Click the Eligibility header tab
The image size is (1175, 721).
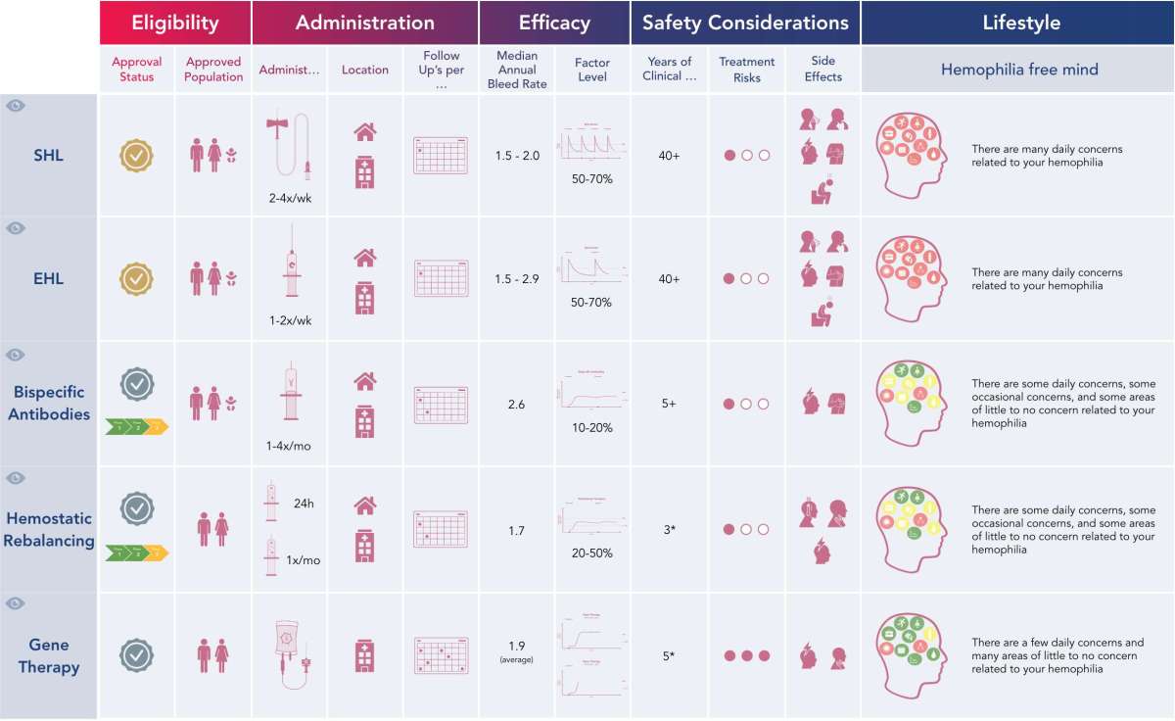point(175,23)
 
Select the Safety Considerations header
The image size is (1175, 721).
point(745,23)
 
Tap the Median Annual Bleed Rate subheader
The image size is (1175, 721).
point(517,70)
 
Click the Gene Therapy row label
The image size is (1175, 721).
point(48,656)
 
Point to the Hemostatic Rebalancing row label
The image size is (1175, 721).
point(48,529)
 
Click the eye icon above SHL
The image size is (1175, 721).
point(15,105)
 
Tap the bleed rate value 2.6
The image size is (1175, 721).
point(517,404)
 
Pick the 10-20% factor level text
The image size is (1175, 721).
point(591,428)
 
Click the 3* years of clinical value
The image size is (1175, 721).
point(669,530)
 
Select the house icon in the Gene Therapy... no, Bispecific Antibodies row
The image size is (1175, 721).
point(365,381)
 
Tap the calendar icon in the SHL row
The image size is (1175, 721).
point(441,155)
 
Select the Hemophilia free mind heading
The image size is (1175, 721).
point(1018,70)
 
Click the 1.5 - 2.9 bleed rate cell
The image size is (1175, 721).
point(517,279)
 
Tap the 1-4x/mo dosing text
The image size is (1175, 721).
point(288,446)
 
